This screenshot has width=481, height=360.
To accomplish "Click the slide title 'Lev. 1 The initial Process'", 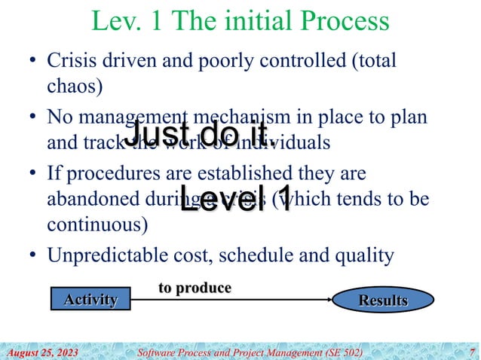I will click(x=240, y=22).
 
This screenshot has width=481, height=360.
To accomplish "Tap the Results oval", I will click(x=382, y=301).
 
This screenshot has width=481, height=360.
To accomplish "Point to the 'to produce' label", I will click(x=194, y=288).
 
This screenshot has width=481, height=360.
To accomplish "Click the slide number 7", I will click(x=471, y=352).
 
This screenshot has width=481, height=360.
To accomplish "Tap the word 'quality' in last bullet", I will click(x=367, y=255).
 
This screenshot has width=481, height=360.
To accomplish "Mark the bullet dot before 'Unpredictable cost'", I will click(x=32, y=256).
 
